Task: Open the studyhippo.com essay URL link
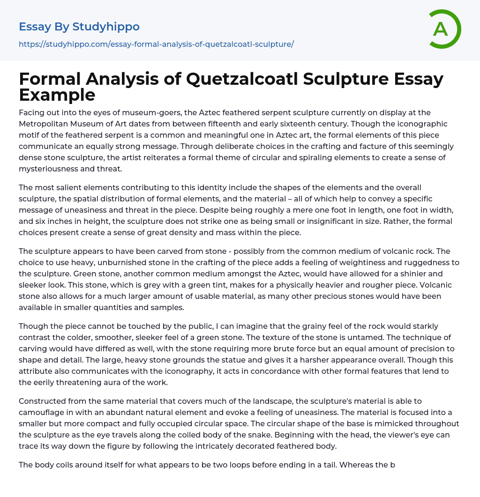(x=156, y=44)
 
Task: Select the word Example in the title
(x=57, y=94)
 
